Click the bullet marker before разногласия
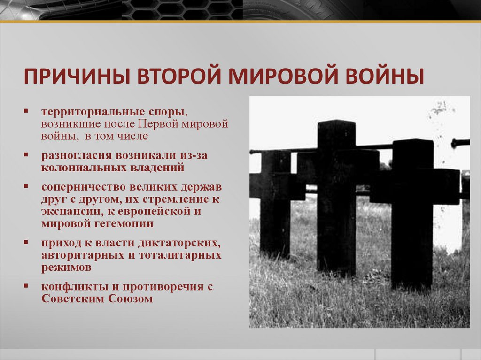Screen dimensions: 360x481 28,154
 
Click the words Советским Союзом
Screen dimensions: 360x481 97,299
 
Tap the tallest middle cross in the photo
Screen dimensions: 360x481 336,197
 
